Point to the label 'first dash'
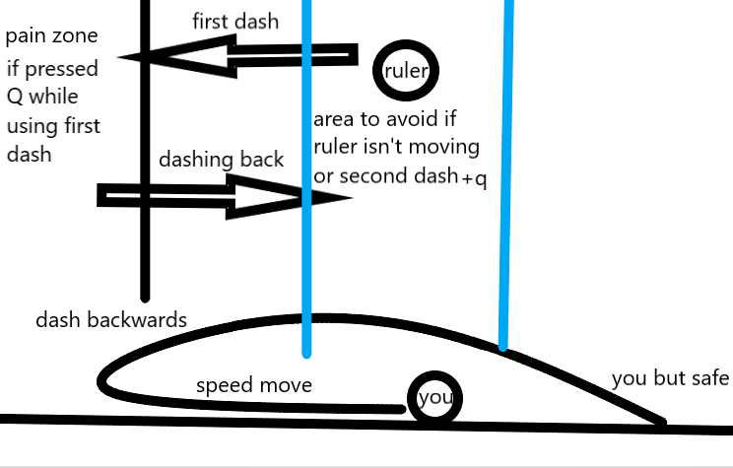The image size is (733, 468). click(x=235, y=22)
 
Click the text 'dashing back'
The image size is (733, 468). click(x=221, y=160)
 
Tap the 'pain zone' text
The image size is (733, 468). click(x=51, y=36)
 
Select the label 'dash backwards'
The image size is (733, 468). click(x=111, y=320)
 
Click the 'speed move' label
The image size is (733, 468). click(x=254, y=385)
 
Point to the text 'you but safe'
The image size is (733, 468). click(x=670, y=378)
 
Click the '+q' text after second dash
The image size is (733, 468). click(x=474, y=179)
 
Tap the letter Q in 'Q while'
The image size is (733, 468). click(x=15, y=98)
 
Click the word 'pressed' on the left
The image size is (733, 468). click(x=61, y=69)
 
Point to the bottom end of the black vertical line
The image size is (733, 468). click(x=145, y=300)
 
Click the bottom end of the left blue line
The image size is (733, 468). click(x=306, y=356)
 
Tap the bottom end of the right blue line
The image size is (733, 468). click(x=503, y=348)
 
